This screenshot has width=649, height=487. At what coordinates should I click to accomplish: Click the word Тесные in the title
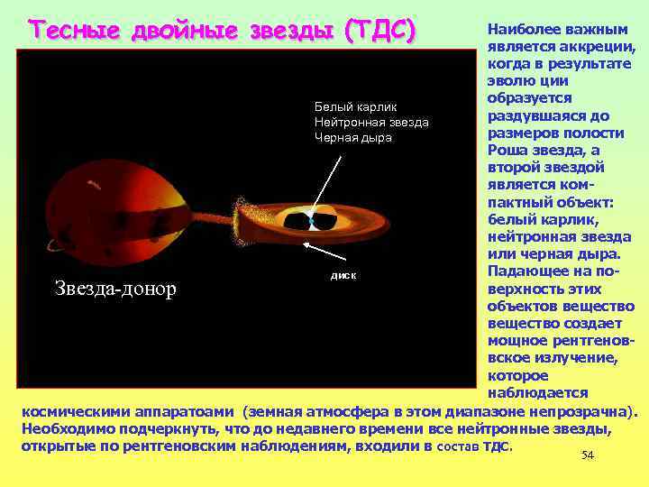76,31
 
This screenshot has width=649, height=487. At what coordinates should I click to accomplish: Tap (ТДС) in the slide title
379,31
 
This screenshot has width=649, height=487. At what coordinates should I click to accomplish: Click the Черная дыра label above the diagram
353,137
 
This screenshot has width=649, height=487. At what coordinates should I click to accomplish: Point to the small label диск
343,273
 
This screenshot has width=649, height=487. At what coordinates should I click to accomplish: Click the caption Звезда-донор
115,289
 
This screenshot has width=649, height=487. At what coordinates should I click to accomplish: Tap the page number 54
588,455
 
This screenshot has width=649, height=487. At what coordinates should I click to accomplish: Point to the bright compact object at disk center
310,220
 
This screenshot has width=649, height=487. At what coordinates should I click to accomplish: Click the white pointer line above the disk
326,185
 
